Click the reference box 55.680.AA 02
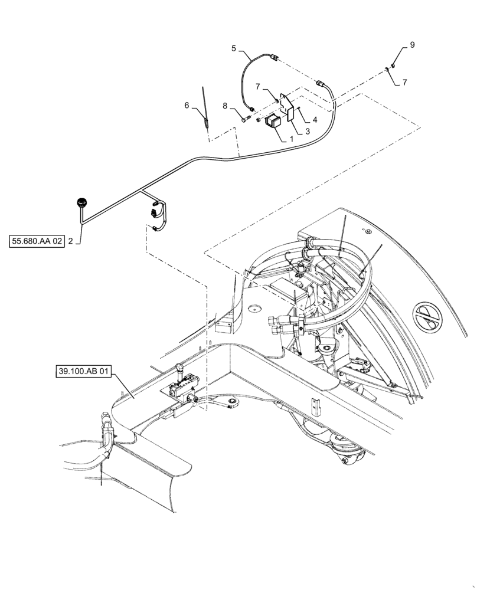click(36, 241)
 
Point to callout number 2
click(71, 241)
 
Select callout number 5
click(234, 49)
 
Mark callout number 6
click(187, 105)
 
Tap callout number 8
click(224, 106)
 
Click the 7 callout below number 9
click(404, 83)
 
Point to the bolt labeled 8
click(245, 120)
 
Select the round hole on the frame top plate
click(254, 307)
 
